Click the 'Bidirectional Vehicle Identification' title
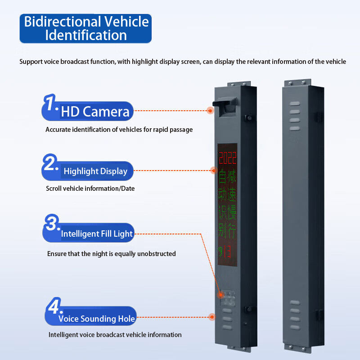pos(85,28)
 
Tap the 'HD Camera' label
pos(95,111)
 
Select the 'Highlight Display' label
pos(95,171)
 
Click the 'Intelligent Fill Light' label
pos(97,234)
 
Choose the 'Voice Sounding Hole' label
pos(97,319)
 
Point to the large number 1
pos(50,104)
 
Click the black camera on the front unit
pos(225,104)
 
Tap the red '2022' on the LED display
pos(227,157)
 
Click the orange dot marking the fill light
pos(221,295)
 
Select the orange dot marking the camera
pos(210,110)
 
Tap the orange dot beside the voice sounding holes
pos(212,316)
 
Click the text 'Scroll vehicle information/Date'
pos(90,189)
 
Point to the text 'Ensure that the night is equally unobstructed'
pos(112,254)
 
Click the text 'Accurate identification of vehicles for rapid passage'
pos(119,130)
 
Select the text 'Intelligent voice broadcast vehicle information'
pos(115,335)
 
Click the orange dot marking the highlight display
pos(214,170)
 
